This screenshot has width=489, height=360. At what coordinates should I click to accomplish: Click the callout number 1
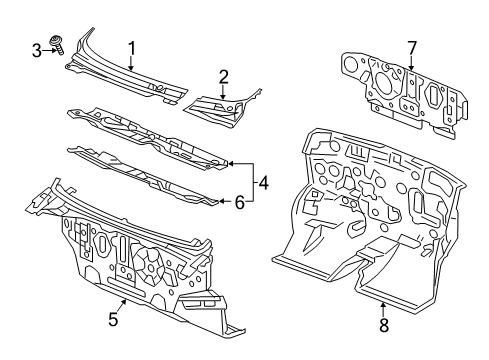pos(130,46)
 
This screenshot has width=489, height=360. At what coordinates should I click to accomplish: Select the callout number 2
pos(224,75)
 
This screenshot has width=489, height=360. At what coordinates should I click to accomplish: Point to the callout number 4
pos(264,182)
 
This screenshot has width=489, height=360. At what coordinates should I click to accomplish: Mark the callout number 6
pos(239,202)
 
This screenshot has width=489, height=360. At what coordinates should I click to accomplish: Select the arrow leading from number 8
pos(384,306)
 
